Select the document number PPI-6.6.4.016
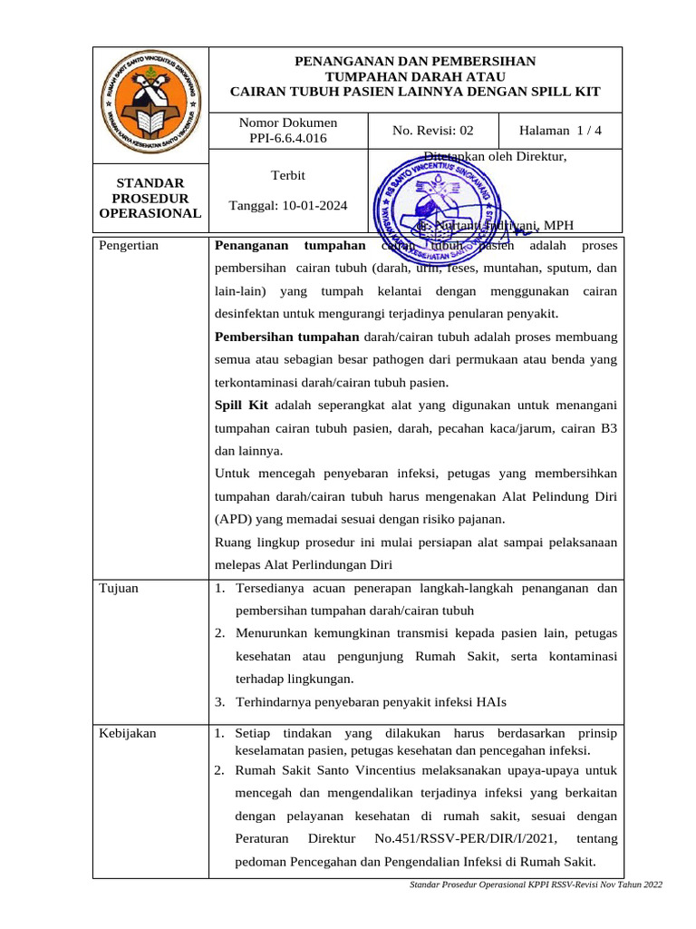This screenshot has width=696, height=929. [287, 139]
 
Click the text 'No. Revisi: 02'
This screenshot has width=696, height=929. [432, 131]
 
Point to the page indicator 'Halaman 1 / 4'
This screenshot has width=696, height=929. [562, 131]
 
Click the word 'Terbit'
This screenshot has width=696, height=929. [288, 174]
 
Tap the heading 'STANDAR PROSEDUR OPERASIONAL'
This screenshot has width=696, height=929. [150, 198]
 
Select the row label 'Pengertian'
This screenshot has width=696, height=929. [128, 246]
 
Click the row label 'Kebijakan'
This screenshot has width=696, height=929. [127, 734]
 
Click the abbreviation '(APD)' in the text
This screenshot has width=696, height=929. [234, 520]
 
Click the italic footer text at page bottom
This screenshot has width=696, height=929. [536, 885]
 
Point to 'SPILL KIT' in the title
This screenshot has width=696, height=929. [569, 92]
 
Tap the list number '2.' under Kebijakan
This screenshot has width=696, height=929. [219, 770]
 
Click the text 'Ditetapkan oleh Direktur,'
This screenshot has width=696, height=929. [495, 157]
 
